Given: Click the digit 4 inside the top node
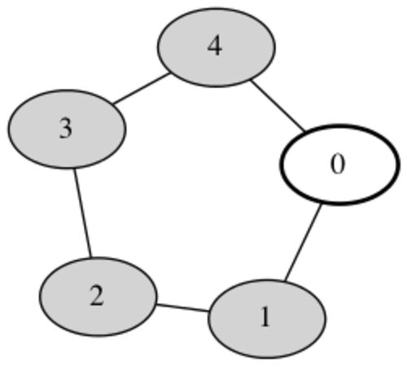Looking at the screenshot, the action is click(x=215, y=46).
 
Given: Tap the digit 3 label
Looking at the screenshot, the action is click(x=66, y=129).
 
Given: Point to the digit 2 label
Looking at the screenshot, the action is click(x=97, y=296).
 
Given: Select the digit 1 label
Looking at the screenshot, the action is click(x=265, y=316).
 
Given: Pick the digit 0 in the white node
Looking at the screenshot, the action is click(x=338, y=164).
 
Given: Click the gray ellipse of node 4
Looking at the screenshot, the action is click(x=217, y=47).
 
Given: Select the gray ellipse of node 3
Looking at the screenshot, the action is click(x=67, y=129).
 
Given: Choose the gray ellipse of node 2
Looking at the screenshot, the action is click(x=98, y=297).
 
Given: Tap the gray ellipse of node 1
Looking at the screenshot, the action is click(x=267, y=319).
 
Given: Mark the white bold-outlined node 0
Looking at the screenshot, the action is click(x=340, y=165).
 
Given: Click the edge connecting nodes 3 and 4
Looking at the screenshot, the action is click(x=141, y=89).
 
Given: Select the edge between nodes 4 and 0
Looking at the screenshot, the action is click(x=278, y=105).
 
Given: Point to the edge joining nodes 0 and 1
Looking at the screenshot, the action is click(x=303, y=242).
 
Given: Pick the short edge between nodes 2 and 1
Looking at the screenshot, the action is click(x=182, y=307).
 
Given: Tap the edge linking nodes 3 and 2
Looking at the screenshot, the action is click(x=83, y=213).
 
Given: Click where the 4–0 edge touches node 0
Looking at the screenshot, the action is click(x=305, y=130).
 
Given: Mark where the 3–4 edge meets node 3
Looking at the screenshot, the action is click(x=113, y=104).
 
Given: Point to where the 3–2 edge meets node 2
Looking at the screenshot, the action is click(x=91, y=257).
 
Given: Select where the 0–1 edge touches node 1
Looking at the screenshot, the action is click(x=285, y=281).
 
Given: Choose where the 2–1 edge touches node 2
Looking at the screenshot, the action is click(x=156, y=304).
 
